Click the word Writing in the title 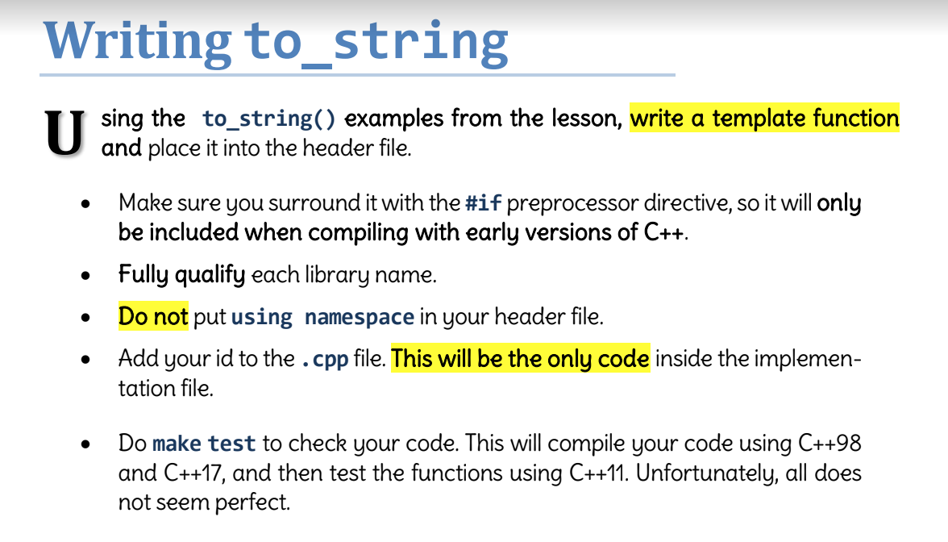click(136, 40)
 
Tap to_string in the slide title click(376, 40)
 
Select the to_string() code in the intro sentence click(268, 119)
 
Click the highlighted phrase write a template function click(764, 119)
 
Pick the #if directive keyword click(483, 202)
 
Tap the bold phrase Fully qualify click(181, 275)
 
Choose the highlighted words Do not click(153, 316)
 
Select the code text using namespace click(322, 317)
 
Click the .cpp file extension click(325, 359)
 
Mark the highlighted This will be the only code click(520, 358)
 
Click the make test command click(204, 444)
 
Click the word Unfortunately click(710, 473)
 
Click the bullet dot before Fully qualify click(86, 276)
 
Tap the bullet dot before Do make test click(86, 444)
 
